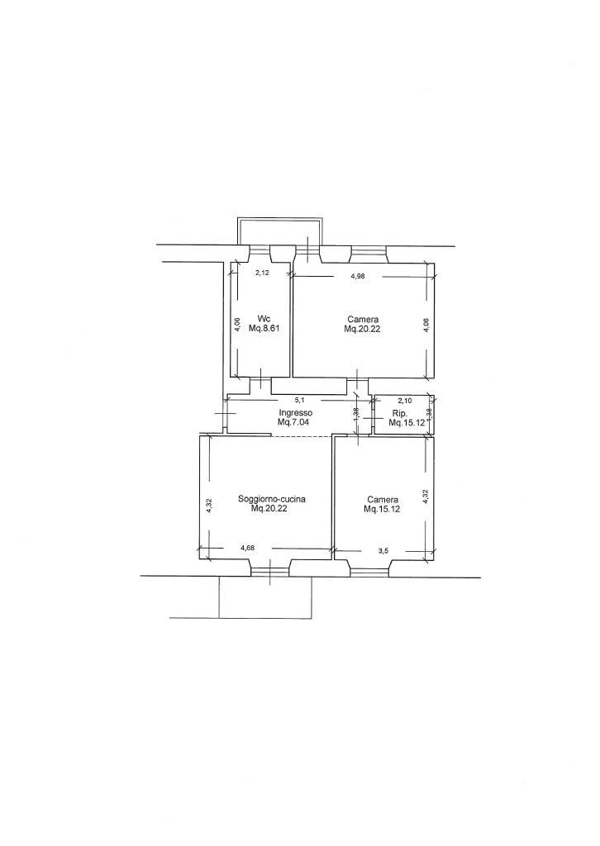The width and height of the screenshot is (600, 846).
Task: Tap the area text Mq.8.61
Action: click(x=263, y=328)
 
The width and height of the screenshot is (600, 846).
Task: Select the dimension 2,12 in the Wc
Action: click(x=262, y=273)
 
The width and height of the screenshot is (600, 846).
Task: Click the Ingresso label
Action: click(x=292, y=413)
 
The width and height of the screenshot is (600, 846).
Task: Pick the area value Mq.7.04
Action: click(x=292, y=422)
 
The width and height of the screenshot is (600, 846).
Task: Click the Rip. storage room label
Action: click(x=398, y=414)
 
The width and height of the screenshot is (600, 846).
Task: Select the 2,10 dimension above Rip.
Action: click(x=405, y=401)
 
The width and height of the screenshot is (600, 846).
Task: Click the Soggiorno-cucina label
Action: click(x=272, y=499)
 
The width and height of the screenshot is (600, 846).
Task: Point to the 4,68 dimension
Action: click(x=248, y=549)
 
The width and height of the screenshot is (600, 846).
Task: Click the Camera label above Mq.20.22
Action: click(x=363, y=319)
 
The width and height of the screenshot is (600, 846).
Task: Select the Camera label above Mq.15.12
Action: click(x=383, y=499)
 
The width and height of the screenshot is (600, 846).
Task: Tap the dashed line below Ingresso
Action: click(x=301, y=436)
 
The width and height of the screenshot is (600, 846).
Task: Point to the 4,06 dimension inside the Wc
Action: click(x=238, y=324)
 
